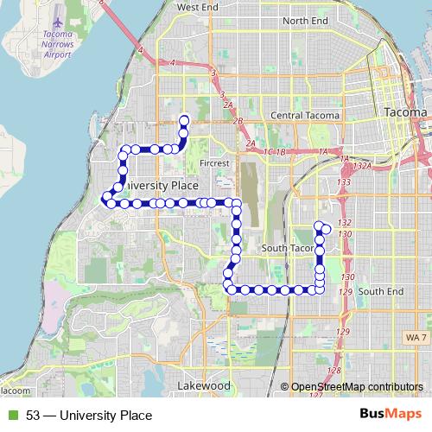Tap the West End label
tap(198, 7)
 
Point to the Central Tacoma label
tap(304, 115)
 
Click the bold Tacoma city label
tap(403, 113)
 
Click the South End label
tap(381, 292)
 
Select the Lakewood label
tap(203, 384)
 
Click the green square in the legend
tap(11, 416)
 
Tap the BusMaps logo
tap(390, 416)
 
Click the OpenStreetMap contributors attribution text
tap(357, 387)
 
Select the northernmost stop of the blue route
tap(183, 120)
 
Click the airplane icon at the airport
tap(58, 19)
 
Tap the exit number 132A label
tap(362, 166)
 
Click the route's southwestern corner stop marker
tap(230, 289)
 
